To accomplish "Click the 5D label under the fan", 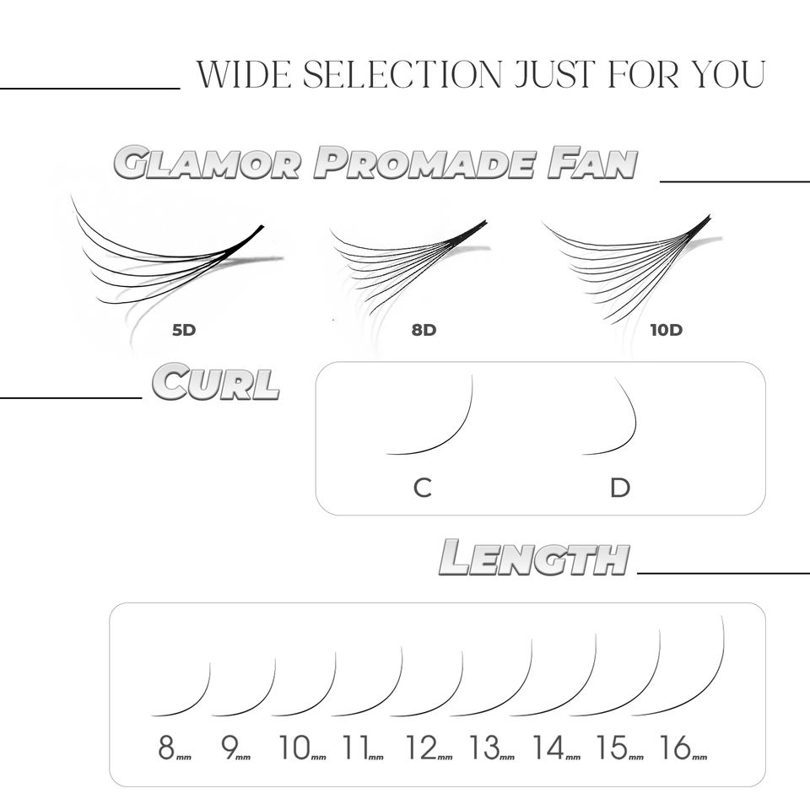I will click(x=183, y=330).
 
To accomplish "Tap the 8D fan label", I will click(x=424, y=330).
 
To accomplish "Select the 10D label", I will click(x=666, y=330).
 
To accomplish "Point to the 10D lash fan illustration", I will click(x=629, y=266).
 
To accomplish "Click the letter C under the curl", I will click(x=423, y=488).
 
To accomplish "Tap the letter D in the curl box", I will click(x=620, y=488).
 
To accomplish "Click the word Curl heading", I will click(x=216, y=383).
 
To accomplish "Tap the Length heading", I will click(x=535, y=558).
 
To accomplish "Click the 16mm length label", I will click(x=683, y=748).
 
